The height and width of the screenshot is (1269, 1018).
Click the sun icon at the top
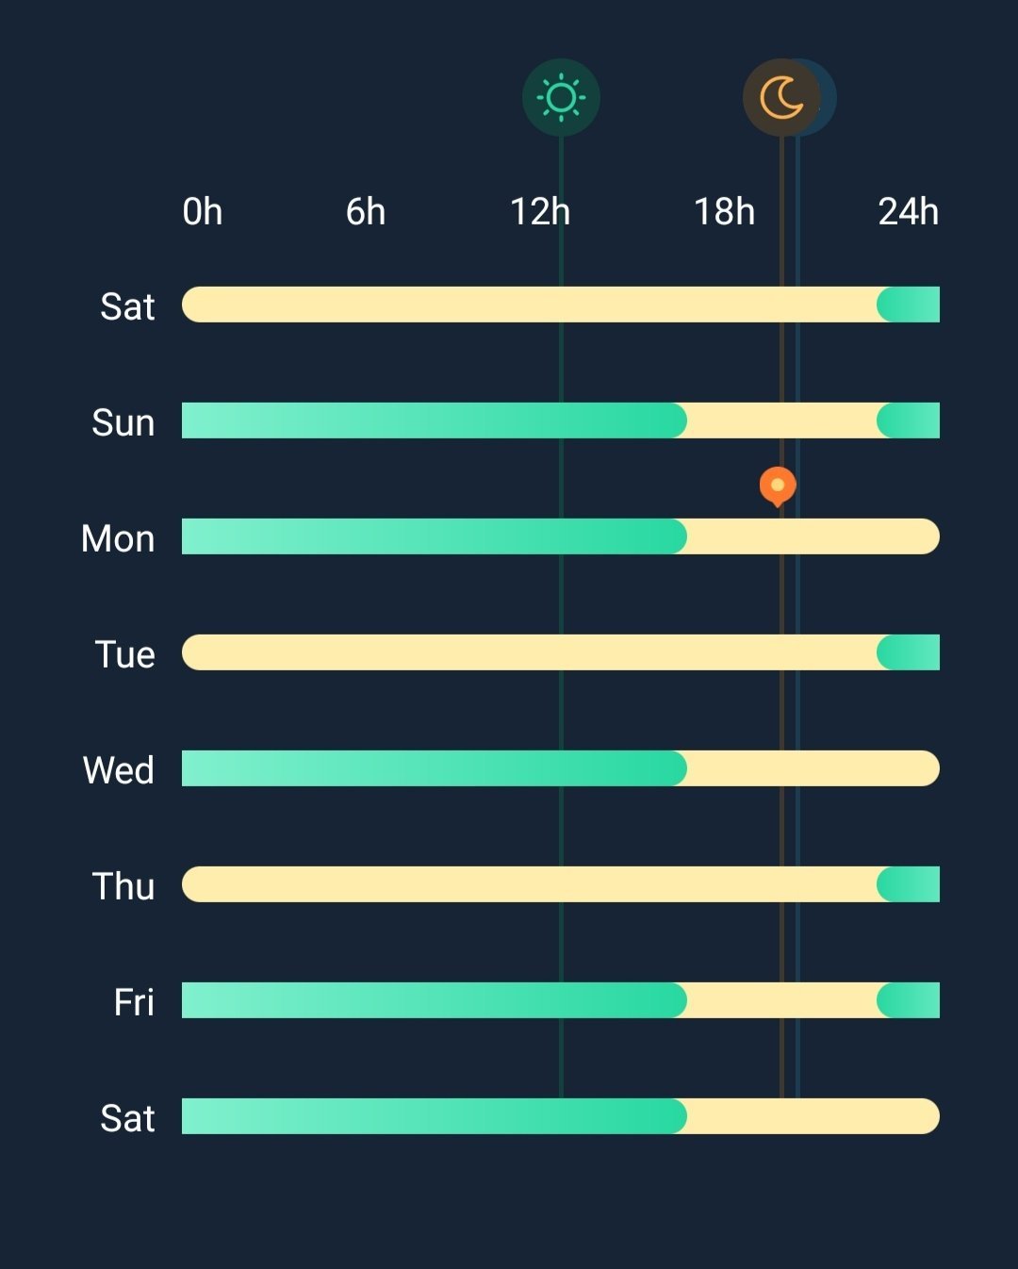tap(561, 97)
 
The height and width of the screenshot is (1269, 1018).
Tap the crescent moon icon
tap(781, 97)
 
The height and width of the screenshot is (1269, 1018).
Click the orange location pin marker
tap(778, 486)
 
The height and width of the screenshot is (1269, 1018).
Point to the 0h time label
tap(203, 212)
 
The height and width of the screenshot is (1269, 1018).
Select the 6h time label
tap(366, 212)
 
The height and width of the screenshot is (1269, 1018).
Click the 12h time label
tap(540, 212)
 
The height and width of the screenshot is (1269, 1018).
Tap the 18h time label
tap(724, 212)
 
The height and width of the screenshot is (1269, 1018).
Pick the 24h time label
tap(908, 212)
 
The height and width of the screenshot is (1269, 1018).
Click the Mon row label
tap(118, 538)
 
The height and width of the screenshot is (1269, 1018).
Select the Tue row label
tap(124, 654)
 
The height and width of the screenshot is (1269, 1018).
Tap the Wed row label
tap(119, 770)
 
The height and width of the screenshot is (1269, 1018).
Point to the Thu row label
tap(123, 886)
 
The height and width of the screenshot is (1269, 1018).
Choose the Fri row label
tap(134, 1002)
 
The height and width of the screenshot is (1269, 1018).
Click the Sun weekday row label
tap(123, 422)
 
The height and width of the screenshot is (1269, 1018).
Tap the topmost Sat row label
tap(127, 306)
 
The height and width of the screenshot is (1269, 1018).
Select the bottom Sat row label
tap(127, 1118)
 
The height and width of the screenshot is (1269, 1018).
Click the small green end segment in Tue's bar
tap(910, 652)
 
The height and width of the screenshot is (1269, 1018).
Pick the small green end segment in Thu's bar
tap(910, 884)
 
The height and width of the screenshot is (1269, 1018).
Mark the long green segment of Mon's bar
tap(434, 536)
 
